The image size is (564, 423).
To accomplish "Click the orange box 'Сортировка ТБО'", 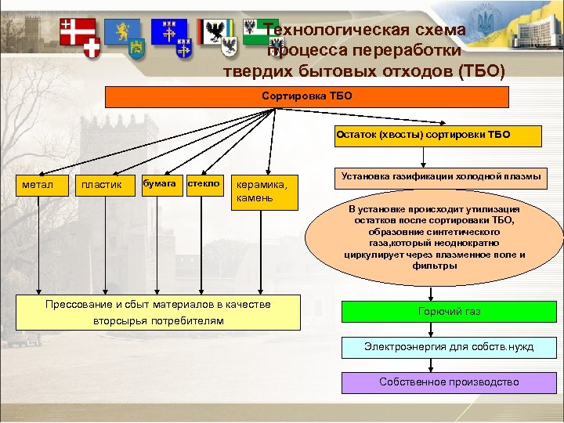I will coord(306,96).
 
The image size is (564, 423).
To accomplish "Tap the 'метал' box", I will coord(41,185).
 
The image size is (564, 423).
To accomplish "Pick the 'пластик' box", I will coord(103,185).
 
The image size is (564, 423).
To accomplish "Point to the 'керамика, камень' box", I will coord(266,191).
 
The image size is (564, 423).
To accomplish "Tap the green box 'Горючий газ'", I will coord(449,312).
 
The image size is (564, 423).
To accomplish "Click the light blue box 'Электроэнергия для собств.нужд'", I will coord(449,347).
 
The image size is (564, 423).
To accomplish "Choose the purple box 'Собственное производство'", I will coord(449,382).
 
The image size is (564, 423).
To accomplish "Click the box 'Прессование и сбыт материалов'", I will coord(158,313).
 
